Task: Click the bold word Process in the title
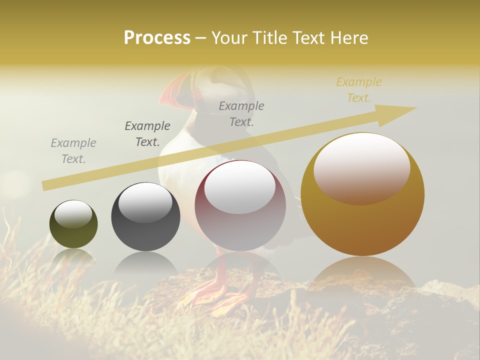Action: (157, 37)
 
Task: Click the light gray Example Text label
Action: (73, 151)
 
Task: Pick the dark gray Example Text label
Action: (147, 134)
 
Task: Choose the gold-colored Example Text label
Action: (359, 90)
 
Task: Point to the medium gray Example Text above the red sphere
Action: (241, 113)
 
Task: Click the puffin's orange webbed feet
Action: (210, 297)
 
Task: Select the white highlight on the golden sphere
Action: (362, 167)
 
